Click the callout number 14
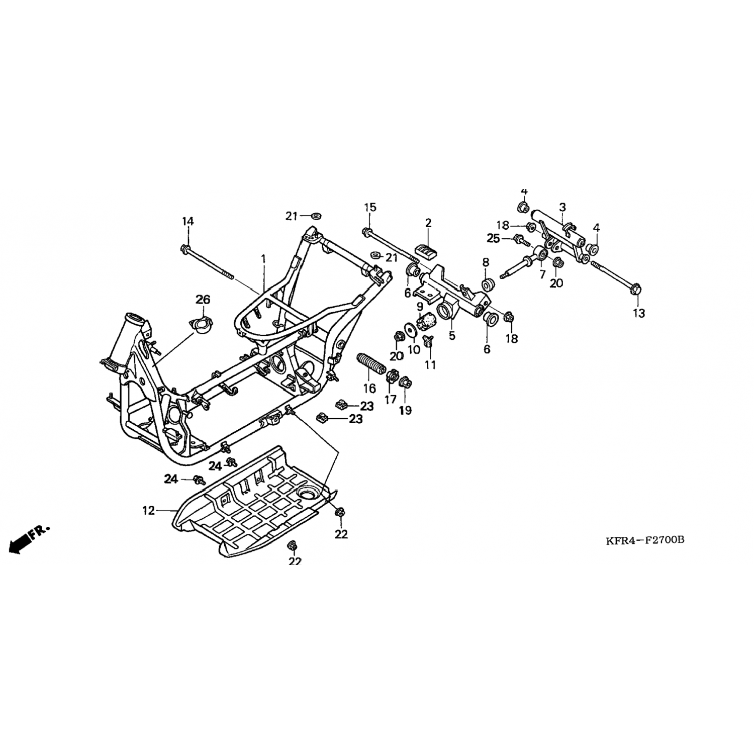point(187,221)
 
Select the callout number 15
point(370,207)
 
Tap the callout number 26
point(203,300)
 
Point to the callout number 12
point(148,511)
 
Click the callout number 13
point(638,313)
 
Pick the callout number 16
point(369,388)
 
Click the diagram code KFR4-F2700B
point(645,540)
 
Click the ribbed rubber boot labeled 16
point(370,366)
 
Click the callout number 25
point(493,238)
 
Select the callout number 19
point(405,411)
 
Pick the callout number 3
point(562,207)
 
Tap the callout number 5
point(452,335)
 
